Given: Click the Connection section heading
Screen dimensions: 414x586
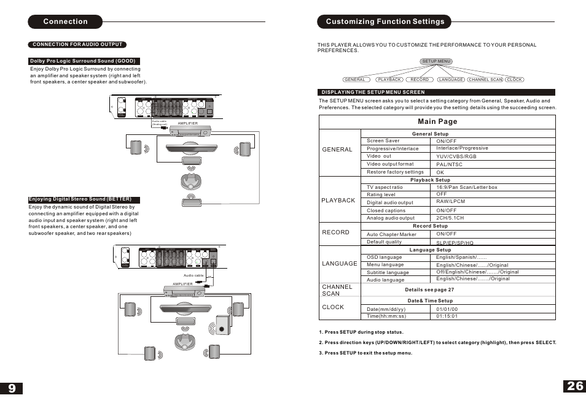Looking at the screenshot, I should (x=65, y=21).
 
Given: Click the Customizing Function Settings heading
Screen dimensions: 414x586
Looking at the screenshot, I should (x=385, y=21).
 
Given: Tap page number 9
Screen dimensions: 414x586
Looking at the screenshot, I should (x=12, y=388).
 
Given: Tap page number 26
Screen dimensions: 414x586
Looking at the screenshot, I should (x=575, y=386).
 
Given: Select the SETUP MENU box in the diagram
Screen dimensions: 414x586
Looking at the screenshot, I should (x=437, y=61).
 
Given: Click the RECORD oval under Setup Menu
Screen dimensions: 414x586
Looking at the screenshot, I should (x=420, y=80).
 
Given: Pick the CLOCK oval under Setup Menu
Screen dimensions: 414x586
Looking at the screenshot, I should (x=514, y=80).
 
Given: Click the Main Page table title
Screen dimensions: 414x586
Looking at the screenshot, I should (x=437, y=121).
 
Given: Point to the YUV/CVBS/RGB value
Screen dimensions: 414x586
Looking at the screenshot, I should (x=456, y=156).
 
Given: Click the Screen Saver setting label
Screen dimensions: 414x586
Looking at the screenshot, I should (x=383, y=140).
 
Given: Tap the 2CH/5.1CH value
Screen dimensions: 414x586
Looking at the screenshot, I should (x=450, y=218).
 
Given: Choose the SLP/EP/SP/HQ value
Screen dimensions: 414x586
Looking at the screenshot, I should (x=455, y=243).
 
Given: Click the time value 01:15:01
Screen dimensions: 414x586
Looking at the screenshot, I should (x=447, y=316).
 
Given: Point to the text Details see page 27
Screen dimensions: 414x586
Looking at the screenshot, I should (x=429, y=289).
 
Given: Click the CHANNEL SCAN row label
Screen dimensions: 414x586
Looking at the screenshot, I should (x=337, y=290).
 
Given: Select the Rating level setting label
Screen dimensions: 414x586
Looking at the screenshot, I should (x=381, y=194).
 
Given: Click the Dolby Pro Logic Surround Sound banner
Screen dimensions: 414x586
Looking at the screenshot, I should (x=82, y=61).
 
